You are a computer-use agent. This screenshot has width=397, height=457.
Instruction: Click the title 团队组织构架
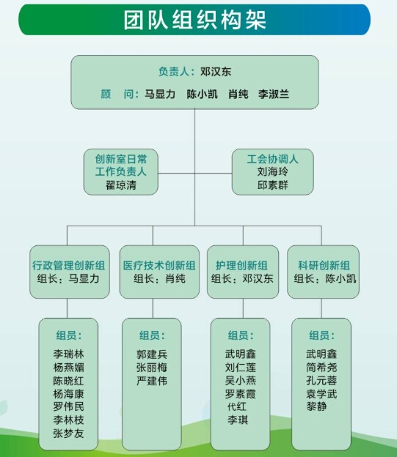tap(194, 20)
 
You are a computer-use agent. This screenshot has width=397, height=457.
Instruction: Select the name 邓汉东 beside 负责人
tap(216, 72)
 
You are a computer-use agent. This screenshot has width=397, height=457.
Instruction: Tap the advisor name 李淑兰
tap(274, 94)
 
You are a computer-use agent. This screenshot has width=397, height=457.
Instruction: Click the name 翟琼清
tap(121, 185)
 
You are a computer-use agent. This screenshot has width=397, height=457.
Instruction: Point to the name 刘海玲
tap(272, 171)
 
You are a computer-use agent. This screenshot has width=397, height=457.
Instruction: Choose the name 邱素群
tap(272, 185)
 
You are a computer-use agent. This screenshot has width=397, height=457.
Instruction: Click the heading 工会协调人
tap(272, 159)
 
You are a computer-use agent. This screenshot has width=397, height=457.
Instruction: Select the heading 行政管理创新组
tap(69, 266)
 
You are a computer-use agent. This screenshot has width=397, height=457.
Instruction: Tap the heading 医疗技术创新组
tap(159, 266)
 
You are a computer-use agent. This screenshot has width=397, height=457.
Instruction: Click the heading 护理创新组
tap(241, 266)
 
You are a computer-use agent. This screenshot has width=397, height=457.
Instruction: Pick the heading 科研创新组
tap(324, 266)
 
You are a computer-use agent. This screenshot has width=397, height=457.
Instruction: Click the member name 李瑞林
tap(68, 354)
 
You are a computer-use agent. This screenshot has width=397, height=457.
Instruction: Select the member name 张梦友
tap(68, 434)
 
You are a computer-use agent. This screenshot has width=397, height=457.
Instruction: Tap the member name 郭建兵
tap(152, 354)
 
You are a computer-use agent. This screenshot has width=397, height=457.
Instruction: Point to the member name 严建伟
tap(152, 381)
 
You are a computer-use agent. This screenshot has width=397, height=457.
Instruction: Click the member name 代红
tap(237, 407)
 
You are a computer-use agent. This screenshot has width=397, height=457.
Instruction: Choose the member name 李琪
tap(238, 420)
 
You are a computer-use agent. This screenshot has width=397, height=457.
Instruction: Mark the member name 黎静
tap(316, 406)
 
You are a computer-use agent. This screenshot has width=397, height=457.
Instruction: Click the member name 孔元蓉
tap(321, 380)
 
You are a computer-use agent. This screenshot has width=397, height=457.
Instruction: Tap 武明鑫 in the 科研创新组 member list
tap(321, 354)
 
